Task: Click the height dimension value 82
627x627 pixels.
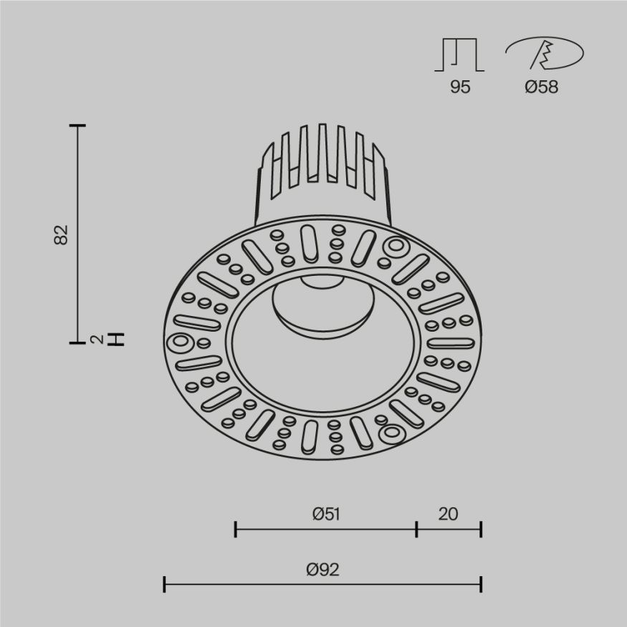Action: [62, 234]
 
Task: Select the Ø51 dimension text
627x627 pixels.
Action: [325, 514]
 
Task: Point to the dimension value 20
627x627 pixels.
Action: [448, 514]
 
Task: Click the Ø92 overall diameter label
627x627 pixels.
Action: [322, 570]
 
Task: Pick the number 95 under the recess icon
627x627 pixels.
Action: [459, 87]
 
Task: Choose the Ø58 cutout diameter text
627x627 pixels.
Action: [541, 87]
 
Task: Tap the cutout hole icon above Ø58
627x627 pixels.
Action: [544, 55]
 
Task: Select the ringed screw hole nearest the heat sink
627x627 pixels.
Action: [394, 247]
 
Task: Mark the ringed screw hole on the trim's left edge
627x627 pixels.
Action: [178, 343]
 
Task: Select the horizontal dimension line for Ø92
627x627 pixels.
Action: [322, 584]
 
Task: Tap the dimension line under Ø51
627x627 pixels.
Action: [325, 530]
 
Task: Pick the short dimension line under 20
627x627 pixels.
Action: [449, 530]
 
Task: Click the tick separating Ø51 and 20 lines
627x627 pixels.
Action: [416, 530]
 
